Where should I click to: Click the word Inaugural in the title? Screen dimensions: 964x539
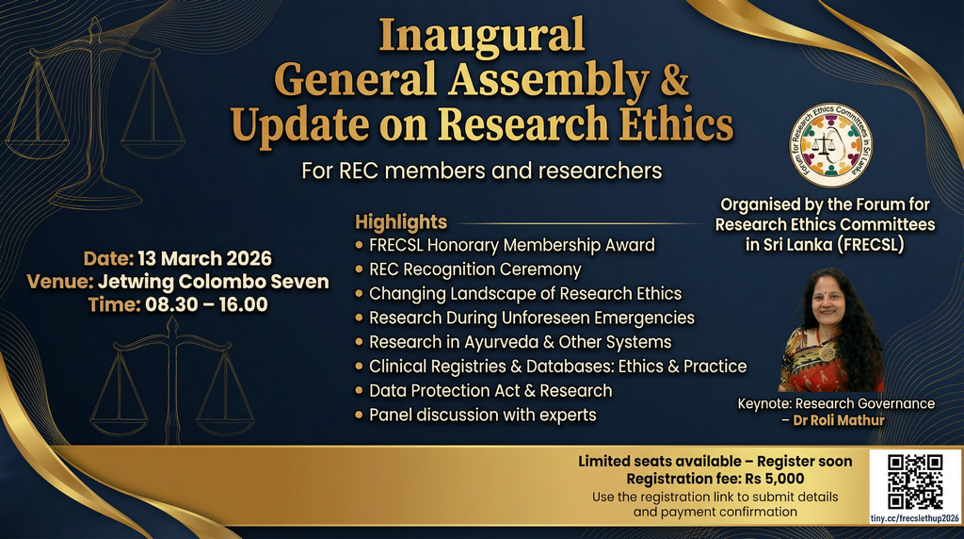tap(481, 37)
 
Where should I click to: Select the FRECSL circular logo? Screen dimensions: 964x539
tap(830, 145)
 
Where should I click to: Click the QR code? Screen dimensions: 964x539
tap(915, 482)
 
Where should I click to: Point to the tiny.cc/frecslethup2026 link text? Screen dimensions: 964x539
tap(915, 518)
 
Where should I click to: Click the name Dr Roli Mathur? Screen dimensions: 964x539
tap(839, 421)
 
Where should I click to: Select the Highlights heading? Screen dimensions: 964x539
tap(401, 221)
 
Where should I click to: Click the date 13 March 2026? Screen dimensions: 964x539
tap(204, 258)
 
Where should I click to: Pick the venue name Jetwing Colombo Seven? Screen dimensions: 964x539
tap(214, 282)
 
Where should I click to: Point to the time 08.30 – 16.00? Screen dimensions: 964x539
tap(206, 304)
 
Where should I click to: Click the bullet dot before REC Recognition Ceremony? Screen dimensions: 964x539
tap(360, 269)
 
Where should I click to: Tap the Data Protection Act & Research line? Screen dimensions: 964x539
tap(490, 391)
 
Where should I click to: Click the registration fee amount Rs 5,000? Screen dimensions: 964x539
tap(775, 479)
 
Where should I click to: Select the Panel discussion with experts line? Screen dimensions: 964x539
tap(483, 416)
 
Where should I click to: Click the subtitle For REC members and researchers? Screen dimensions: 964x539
tap(481, 171)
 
